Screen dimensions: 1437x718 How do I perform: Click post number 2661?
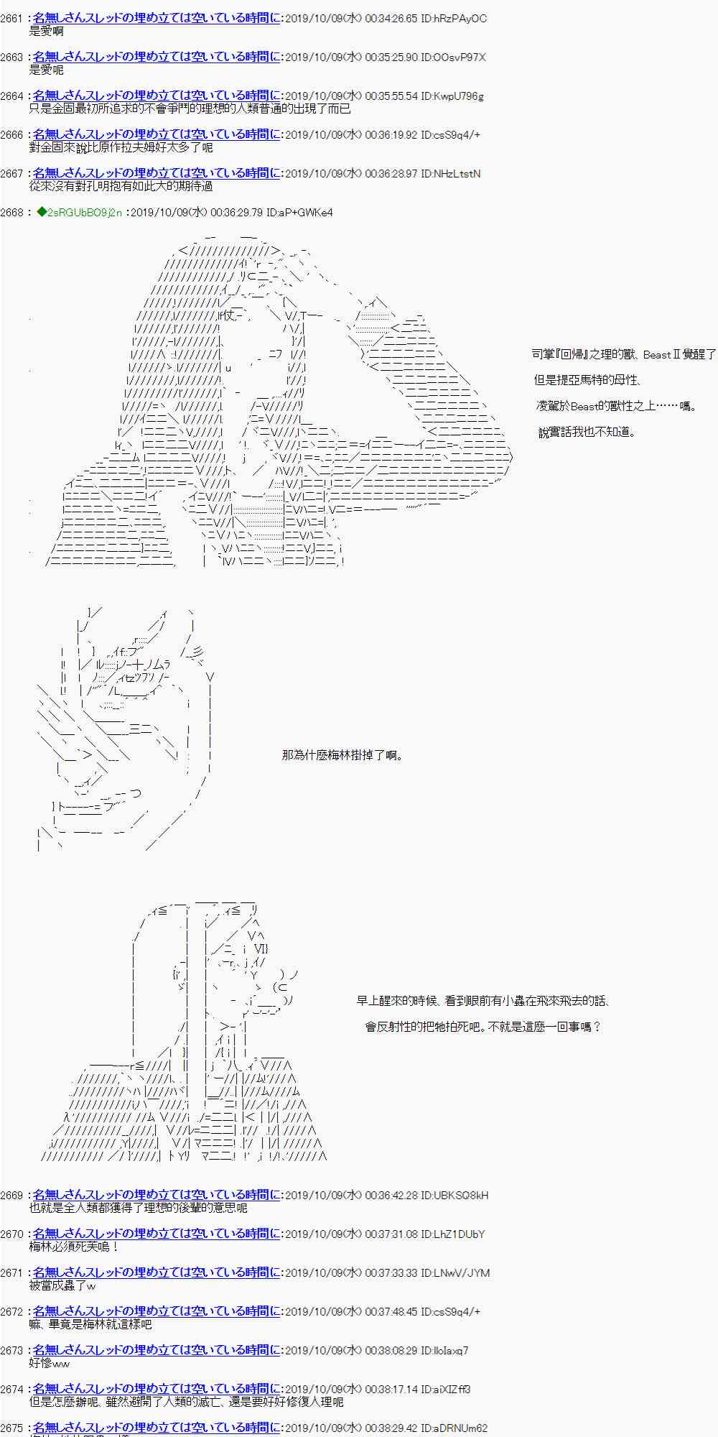tap(12, 18)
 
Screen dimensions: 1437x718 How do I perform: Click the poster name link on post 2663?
tap(157, 57)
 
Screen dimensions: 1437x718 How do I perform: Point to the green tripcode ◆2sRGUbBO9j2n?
tap(79, 212)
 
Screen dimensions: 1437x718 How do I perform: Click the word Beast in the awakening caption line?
tap(656, 354)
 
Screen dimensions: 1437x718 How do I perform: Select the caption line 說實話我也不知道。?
tap(587, 432)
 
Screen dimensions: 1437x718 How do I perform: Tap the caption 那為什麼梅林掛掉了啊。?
tap(342, 755)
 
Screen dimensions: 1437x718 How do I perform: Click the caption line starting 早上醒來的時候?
tap(482, 1001)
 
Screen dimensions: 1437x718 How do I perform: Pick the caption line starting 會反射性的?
tap(482, 1027)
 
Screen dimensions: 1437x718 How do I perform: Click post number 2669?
tap(12, 1195)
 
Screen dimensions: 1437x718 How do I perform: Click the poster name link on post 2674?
tap(157, 1389)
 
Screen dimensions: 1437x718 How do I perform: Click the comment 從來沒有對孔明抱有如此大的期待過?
tap(121, 186)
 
